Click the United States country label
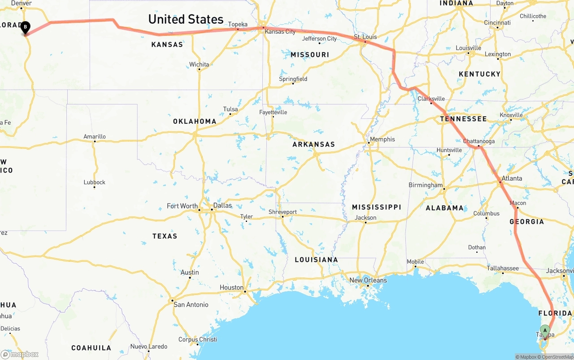(186, 19)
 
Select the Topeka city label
(238, 24)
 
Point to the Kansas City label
(280, 32)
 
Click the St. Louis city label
(365, 37)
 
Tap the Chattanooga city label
(479, 141)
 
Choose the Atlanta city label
(512, 178)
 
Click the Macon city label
(518, 203)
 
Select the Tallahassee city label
(503, 269)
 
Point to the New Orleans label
(368, 280)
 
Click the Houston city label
(231, 287)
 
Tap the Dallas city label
(222, 205)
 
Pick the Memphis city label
(382, 139)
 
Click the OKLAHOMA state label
(195, 121)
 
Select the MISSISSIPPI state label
(376, 207)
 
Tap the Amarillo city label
(95, 137)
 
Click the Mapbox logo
(20, 355)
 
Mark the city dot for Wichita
(199, 70)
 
